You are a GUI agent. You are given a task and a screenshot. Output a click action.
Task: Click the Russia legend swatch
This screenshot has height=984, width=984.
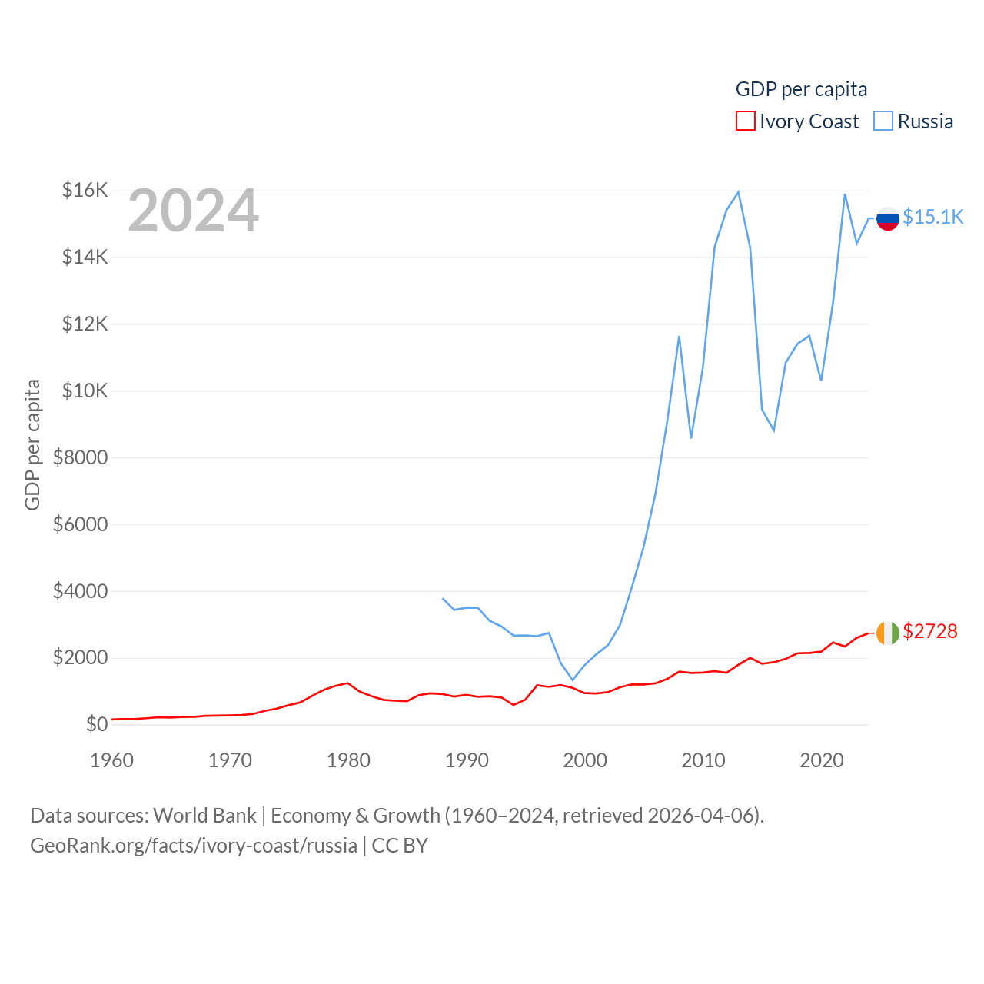click(883, 121)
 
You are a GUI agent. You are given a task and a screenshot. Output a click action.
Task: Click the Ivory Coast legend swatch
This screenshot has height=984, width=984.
click(745, 121)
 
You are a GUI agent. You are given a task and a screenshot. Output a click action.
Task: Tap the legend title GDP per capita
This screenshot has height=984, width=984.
click(801, 89)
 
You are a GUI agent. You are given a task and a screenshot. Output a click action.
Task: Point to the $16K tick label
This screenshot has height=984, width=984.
click(85, 190)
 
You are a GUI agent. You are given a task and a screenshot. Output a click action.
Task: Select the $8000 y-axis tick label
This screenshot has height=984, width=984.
click(81, 457)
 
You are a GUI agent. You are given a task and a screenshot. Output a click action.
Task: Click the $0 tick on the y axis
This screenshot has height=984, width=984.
click(97, 724)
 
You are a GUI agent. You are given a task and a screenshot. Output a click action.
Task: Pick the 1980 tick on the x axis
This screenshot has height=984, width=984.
click(348, 760)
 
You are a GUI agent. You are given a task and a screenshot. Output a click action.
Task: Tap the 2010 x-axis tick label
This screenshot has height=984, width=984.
click(703, 760)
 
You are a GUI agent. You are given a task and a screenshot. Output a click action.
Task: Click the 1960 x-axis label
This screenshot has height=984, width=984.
click(112, 760)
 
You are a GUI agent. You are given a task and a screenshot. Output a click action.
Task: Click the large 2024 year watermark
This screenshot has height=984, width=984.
click(193, 211)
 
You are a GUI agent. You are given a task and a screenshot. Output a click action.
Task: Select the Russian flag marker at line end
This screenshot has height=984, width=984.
click(888, 218)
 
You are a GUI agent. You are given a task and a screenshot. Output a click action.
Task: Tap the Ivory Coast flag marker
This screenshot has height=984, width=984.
click(888, 633)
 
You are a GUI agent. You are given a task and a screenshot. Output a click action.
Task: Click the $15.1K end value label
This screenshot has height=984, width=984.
click(932, 217)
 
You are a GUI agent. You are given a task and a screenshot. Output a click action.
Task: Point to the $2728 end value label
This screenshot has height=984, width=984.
click(930, 631)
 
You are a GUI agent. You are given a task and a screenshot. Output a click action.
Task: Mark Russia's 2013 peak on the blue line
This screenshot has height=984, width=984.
click(738, 192)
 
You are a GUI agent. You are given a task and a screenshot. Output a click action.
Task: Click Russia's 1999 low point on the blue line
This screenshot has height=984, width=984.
click(573, 680)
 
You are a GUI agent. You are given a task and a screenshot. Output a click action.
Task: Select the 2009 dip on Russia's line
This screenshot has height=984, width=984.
click(691, 437)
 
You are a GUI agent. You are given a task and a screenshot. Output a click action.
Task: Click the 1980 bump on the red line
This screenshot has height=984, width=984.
click(347, 683)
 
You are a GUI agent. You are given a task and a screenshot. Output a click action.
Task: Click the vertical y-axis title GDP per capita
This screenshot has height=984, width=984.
click(32, 444)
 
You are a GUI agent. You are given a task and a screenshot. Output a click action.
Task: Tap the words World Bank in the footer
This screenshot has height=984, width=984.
click(204, 815)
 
